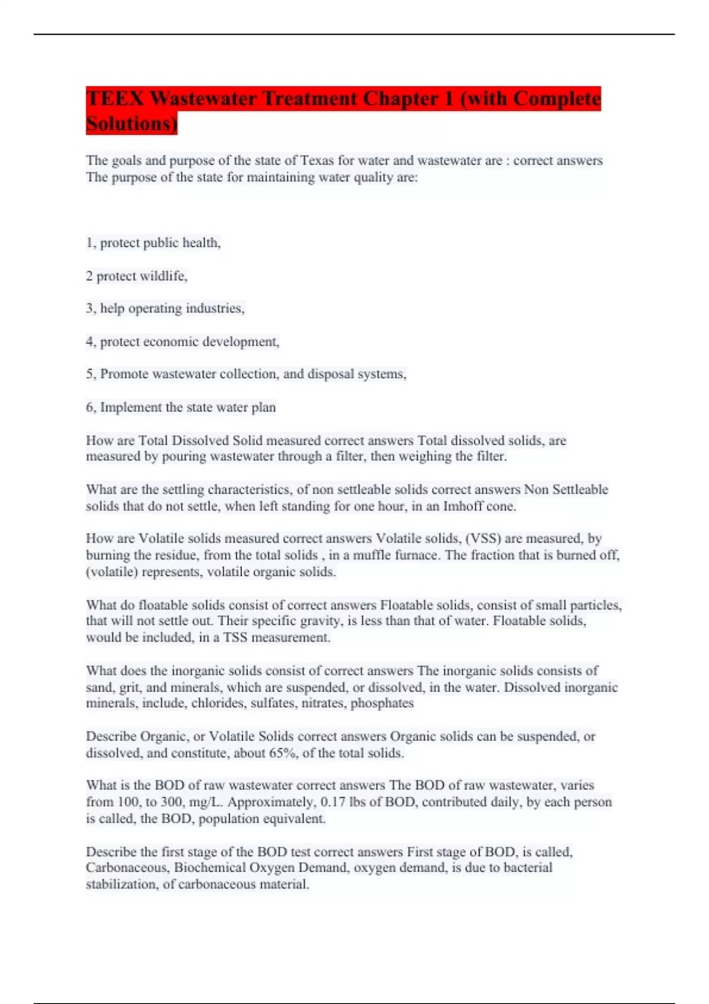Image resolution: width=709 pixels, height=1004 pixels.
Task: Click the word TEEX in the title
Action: tap(115, 99)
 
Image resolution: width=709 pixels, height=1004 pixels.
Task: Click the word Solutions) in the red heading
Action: tap(131, 124)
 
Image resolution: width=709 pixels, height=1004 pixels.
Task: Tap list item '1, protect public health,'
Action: tap(154, 243)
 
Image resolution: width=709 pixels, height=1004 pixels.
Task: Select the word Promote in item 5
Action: tap(124, 374)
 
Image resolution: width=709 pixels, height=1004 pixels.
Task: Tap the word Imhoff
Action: tap(464, 506)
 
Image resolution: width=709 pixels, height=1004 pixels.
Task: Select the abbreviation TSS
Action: tap(235, 638)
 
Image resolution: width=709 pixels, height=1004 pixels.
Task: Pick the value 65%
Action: tap(283, 754)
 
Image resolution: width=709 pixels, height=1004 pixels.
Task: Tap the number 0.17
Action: tap(333, 802)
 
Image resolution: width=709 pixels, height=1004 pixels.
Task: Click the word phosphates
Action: tap(382, 703)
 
